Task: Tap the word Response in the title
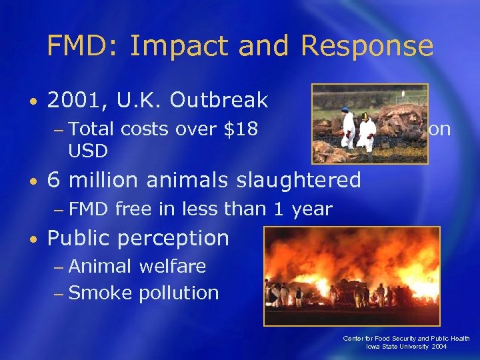[367, 46]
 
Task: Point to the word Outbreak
[219, 101]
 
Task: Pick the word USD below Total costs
[88, 151]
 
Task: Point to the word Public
[77, 238]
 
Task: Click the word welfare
[172, 267]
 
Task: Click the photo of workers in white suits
[369, 123]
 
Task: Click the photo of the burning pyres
[351, 275]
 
